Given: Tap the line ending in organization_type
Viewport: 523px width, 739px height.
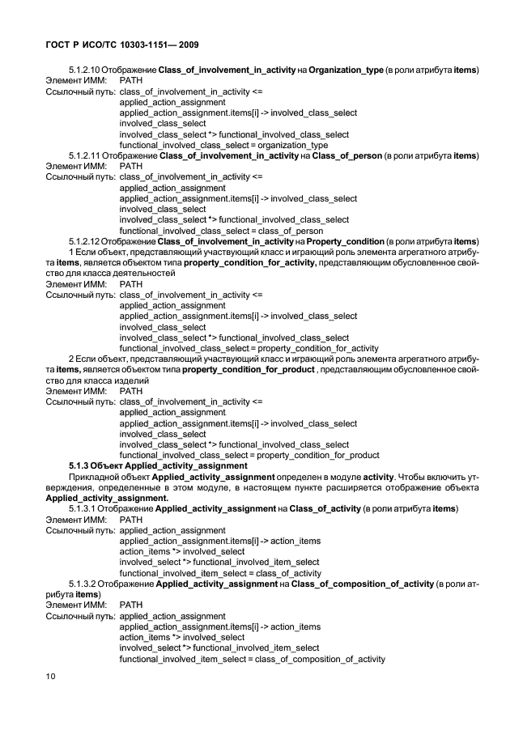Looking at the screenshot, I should coord(218,145).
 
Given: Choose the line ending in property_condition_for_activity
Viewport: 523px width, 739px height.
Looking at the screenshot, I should coord(237,348).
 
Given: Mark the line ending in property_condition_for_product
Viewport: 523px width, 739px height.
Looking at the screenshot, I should coord(238,455).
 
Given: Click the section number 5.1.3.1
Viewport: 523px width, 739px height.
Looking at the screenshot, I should coord(85,508).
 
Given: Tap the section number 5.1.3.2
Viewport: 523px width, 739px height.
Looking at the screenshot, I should coord(85,584).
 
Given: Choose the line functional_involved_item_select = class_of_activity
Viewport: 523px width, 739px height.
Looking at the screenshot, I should coord(219,572).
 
